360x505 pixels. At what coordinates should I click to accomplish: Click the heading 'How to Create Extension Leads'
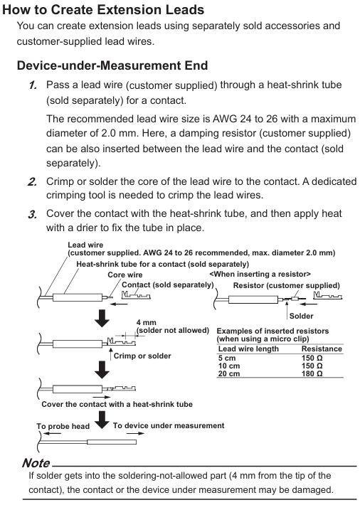(103, 10)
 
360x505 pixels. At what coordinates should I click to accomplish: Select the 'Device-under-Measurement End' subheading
(112, 65)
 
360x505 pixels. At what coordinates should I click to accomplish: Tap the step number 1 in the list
(33, 85)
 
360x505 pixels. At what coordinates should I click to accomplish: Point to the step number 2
(32, 182)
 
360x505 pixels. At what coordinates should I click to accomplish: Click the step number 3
(32, 214)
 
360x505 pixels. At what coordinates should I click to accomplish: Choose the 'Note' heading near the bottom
(36, 463)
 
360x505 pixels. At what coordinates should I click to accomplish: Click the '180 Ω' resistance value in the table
(312, 373)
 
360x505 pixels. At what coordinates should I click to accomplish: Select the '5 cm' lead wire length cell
(227, 358)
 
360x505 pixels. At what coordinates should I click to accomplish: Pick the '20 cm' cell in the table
(229, 373)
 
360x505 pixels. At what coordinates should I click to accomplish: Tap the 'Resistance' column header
(322, 349)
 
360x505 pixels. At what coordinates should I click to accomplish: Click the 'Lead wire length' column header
(248, 349)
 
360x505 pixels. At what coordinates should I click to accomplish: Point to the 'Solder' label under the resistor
(302, 316)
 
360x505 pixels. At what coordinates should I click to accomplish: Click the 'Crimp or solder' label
(142, 356)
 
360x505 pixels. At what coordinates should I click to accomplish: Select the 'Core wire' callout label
(125, 275)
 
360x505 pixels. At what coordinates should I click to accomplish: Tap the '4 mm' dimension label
(147, 322)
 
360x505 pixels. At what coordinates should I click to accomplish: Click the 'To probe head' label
(63, 427)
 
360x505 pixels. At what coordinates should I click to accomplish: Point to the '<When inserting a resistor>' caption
(260, 274)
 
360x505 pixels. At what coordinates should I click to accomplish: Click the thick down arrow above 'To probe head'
(102, 420)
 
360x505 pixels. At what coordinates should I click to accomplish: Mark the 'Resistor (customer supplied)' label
(287, 286)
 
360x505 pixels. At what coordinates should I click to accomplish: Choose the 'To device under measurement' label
(169, 425)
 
